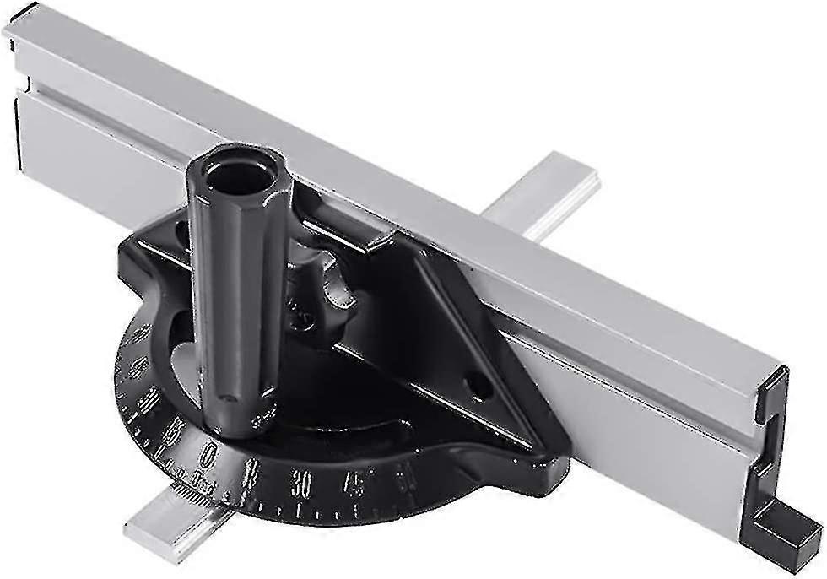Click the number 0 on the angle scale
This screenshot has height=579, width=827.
[x=208, y=457]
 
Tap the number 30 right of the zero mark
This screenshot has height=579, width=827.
[x=301, y=484]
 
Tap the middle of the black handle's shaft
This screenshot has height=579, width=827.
[x=236, y=295]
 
